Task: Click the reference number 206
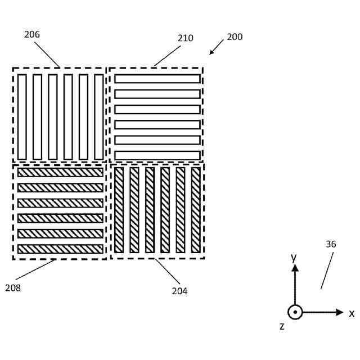click(32, 34)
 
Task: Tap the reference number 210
click(186, 38)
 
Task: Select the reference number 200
click(235, 37)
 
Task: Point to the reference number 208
click(13, 288)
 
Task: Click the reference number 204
click(180, 291)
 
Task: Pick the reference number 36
click(331, 245)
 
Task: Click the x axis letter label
click(352, 313)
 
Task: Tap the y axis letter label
click(293, 258)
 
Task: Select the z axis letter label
click(282, 326)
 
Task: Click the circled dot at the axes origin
click(295, 312)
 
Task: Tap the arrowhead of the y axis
click(295, 268)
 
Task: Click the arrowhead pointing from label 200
click(212, 53)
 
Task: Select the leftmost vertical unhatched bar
click(22, 117)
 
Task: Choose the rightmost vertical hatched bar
click(196, 210)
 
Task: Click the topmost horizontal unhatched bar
click(157, 79)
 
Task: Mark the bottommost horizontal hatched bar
click(61, 249)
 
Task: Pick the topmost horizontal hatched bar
click(61, 172)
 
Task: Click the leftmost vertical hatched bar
click(119, 210)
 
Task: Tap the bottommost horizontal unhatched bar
click(157, 155)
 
